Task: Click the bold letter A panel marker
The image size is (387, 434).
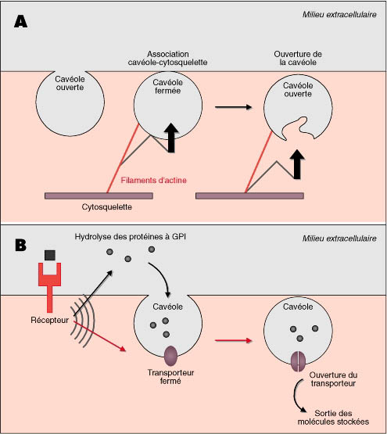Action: point(20,21)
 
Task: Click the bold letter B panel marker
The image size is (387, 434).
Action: point(20,245)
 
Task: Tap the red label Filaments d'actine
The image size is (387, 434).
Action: point(154,180)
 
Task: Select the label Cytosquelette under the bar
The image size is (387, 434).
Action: point(106,206)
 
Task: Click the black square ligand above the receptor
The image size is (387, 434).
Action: point(50,255)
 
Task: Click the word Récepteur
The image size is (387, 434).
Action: point(49,320)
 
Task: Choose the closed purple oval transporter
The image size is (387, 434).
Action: point(170,356)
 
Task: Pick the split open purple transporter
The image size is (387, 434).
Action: point(298,361)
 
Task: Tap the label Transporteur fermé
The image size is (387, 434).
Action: point(170,377)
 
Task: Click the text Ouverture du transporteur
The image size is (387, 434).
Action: point(333,379)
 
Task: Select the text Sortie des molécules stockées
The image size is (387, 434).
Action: point(333,418)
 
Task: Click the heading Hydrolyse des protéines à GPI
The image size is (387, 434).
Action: point(130,237)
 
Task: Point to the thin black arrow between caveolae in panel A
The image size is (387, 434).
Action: point(233,107)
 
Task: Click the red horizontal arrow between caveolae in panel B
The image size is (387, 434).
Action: point(233,340)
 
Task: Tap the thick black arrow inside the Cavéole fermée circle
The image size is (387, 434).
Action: point(171,138)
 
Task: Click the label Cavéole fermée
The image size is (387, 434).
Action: point(168,86)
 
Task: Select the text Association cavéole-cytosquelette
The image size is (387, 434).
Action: point(168,58)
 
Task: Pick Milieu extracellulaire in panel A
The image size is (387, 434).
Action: point(339,14)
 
